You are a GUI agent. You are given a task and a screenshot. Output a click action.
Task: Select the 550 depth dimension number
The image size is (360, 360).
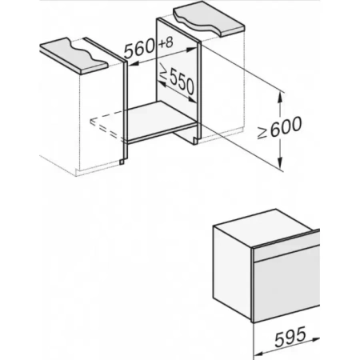pos(180,85)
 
